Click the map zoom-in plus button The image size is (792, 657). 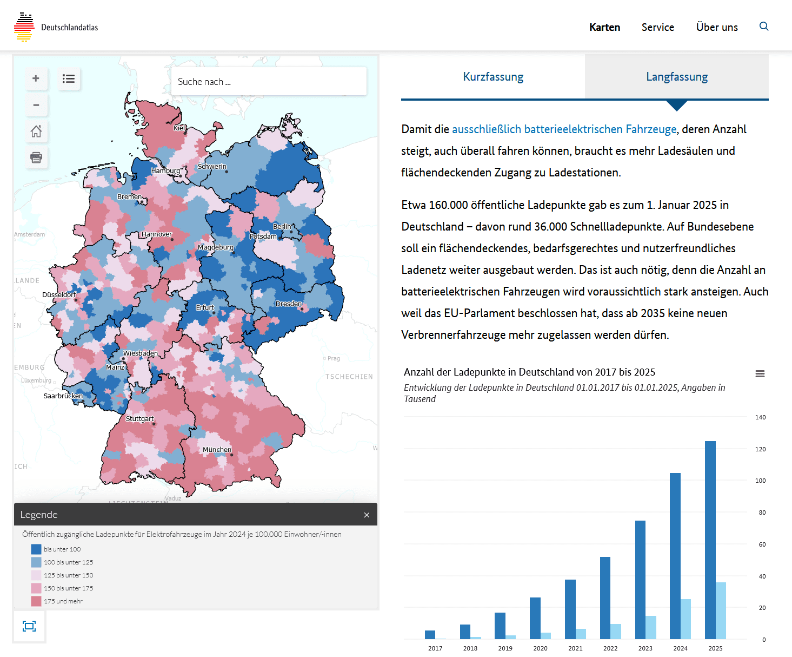pyautogui.click(x=36, y=78)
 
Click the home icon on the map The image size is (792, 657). pyautogui.click(x=36, y=131)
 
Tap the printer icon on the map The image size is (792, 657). pyautogui.click(x=36, y=157)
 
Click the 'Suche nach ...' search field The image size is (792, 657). pyautogui.click(x=269, y=82)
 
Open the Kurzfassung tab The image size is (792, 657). pyautogui.click(x=493, y=77)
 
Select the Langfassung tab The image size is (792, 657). pyautogui.click(x=677, y=77)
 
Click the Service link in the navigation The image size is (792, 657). pyautogui.click(x=658, y=27)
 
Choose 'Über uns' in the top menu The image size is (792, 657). pyautogui.click(x=717, y=27)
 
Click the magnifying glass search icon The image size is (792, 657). pyautogui.click(x=764, y=27)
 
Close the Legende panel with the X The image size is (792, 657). pyautogui.click(x=367, y=515)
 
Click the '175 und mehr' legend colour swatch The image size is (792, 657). pyautogui.click(x=36, y=601)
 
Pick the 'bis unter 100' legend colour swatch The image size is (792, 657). pyautogui.click(x=36, y=549)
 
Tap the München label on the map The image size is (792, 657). pyautogui.click(x=217, y=450)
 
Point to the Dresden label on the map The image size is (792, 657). pyautogui.click(x=289, y=304)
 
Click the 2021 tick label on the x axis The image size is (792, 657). pyautogui.click(x=575, y=648)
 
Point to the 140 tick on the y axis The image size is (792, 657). pyautogui.click(x=760, y=417)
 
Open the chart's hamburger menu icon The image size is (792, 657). pyautogui.click(x=760, y=374)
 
